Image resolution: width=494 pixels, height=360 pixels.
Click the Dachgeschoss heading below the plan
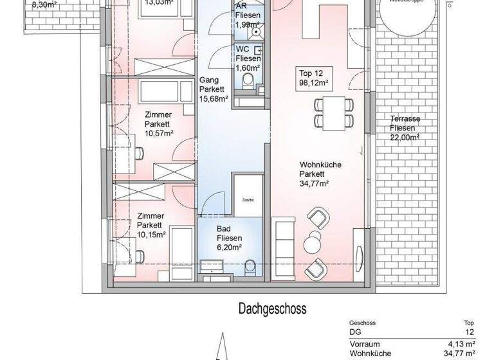click(273, 309)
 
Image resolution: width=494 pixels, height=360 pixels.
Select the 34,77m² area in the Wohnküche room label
click(315, 184)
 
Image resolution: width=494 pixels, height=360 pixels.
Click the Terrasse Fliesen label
click(405, 123)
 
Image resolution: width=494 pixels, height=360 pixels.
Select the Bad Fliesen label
click(228, 233)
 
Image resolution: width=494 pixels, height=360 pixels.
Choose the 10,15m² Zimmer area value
click(151, 235)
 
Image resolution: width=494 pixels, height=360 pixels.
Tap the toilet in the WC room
click(248, 80)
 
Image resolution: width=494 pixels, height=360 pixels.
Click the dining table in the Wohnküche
click(333, 113)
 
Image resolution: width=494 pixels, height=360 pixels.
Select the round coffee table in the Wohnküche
click(313, 242)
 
